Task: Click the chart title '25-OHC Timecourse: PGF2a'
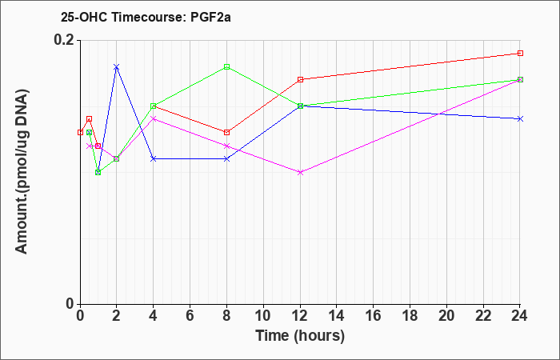[x=146, y=17]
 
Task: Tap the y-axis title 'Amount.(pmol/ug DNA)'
[x=22, y=172]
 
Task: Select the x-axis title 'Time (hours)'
[x=300, y=336]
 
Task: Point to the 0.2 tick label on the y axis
[x=64, y=40]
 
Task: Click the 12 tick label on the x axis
[x=300, y=316]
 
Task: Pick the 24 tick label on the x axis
[x=520, y=316]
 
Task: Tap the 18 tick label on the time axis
[x=410, y=316]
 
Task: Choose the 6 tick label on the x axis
[x=190, y=316]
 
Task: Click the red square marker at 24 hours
[x=520, y=54]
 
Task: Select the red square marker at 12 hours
[x=300, y=80]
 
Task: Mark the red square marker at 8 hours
[x=226, y=133]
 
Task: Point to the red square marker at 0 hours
[x=80, y=133]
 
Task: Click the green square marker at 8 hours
[x=226, y=66]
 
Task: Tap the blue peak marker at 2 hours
[x=117, y=66]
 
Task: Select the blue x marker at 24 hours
[x=520, y=119]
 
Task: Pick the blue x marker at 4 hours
[x=154, y=158]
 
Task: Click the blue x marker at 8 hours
[x=226, y=158]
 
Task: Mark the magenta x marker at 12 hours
[x=300, y=172]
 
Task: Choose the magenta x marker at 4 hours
[x=154, y=119]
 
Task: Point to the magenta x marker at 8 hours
[x=226, y=146]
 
